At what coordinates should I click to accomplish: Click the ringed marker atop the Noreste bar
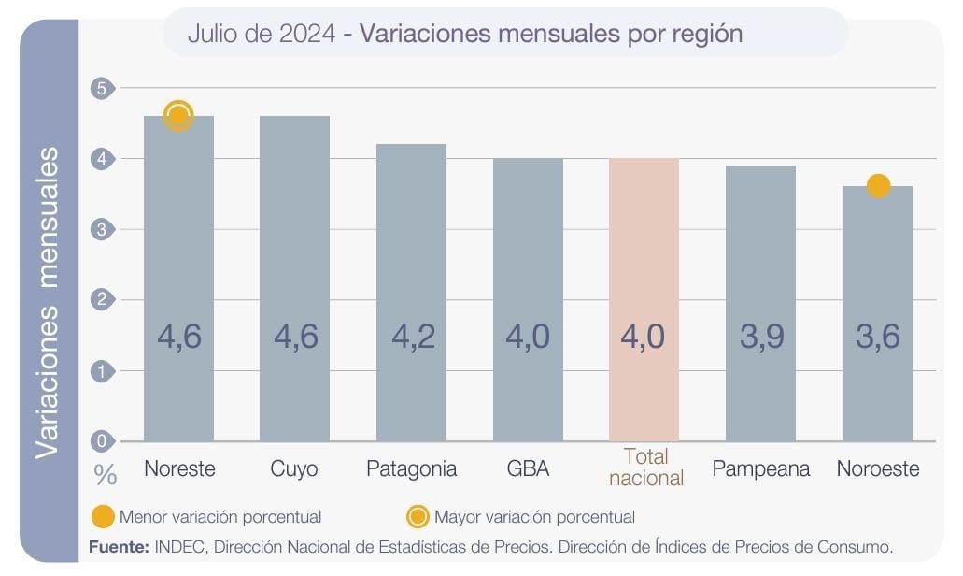(x=178, y=116)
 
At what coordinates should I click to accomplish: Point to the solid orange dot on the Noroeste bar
(x=878, y=186)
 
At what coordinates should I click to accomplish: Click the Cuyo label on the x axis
(x=294, y=468)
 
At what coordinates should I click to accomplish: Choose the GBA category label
(x=528, y=468)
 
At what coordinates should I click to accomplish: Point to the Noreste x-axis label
(x=179, y=468)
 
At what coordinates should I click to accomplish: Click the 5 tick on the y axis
(x=102, y=88)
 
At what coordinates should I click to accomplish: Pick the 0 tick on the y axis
(x=102, y=441)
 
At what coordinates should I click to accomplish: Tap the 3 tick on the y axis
(x=102, y=229)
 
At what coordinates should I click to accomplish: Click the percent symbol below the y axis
(x=106, y=475)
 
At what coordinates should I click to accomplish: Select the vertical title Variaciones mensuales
(x=48, y=301)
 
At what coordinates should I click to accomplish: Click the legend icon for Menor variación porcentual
(x=104, y=516)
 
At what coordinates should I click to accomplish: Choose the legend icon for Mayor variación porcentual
(x=418, y=516)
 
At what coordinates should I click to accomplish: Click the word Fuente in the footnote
(x=118, y=546)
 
